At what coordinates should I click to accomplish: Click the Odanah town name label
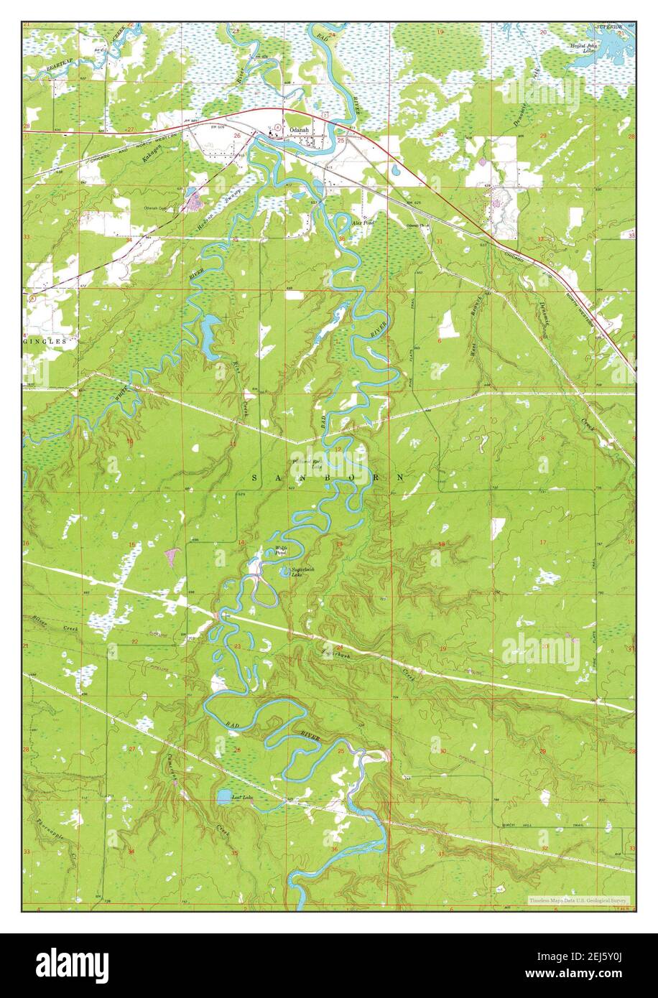pyautogui.click(x=298, y=130)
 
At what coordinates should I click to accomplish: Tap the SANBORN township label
pyautogui.click(x=328, y=477)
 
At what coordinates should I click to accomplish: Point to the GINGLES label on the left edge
pyautogui.click(x=48, y=342)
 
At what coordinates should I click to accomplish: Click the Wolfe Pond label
pyautogui.click(x=281, y=551)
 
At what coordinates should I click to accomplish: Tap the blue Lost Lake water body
pyautogui.click(x=224, y=796)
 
